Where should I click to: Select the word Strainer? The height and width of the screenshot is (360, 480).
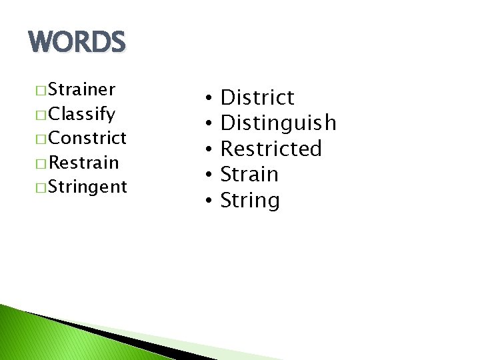tap(82, 89)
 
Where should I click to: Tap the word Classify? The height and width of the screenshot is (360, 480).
tap(82, 114)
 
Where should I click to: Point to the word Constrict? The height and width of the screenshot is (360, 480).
tap(87, 138)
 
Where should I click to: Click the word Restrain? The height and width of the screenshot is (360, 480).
tap(84, 163)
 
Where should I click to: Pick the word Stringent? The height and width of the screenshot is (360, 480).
tap(87, 187)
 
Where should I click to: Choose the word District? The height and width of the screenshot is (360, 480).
tap(257, 98)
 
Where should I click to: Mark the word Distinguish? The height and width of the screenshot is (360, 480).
tap(278, 123)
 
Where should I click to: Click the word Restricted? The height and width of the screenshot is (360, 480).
tap(271, 149)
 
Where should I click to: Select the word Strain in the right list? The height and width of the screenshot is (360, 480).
tap(249, 175)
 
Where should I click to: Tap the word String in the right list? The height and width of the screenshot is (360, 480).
tap(249, 200)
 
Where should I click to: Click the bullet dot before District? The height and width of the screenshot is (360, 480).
tap(209, 99)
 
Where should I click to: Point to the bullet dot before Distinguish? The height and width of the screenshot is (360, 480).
tap(209, 124)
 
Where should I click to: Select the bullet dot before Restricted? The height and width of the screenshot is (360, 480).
tap(209, 149)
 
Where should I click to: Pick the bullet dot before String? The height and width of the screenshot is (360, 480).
tap(209, 201)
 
